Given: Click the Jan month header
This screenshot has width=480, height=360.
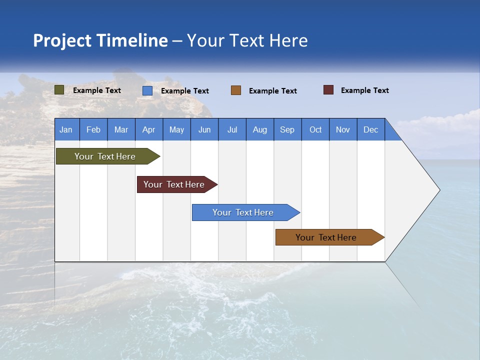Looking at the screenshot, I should (66, 129).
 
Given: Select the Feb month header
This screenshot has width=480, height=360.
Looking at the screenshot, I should (93, 129).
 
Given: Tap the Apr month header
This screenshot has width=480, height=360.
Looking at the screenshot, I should (148, 129).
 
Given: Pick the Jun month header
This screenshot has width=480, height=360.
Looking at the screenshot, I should (204, 129).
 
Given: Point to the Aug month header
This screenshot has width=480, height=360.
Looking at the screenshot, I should (259, 129).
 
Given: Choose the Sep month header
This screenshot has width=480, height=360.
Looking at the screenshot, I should (287, 129).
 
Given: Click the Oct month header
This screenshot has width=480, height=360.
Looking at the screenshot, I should (315, 129).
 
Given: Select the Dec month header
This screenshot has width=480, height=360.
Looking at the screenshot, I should (370, 129).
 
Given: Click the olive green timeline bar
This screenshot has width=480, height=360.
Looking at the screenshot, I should (105, 156).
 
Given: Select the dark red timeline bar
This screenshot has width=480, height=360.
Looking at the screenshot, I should (174, 184).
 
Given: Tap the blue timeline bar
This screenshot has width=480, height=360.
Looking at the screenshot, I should (243, 212).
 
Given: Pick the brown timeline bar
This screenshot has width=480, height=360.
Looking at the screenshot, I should (326, 237).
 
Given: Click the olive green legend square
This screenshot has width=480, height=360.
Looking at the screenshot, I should (59, 90).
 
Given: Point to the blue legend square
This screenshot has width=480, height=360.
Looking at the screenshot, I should (147, 90).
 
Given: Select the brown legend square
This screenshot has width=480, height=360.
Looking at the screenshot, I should (236, 90).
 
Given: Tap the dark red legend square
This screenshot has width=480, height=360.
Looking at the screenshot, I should (328, 90).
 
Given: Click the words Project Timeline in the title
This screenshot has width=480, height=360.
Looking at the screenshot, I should (100, 40).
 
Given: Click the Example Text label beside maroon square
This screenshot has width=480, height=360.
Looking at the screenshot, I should (364, 90).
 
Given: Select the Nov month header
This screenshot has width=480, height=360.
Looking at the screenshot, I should (343, 129).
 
